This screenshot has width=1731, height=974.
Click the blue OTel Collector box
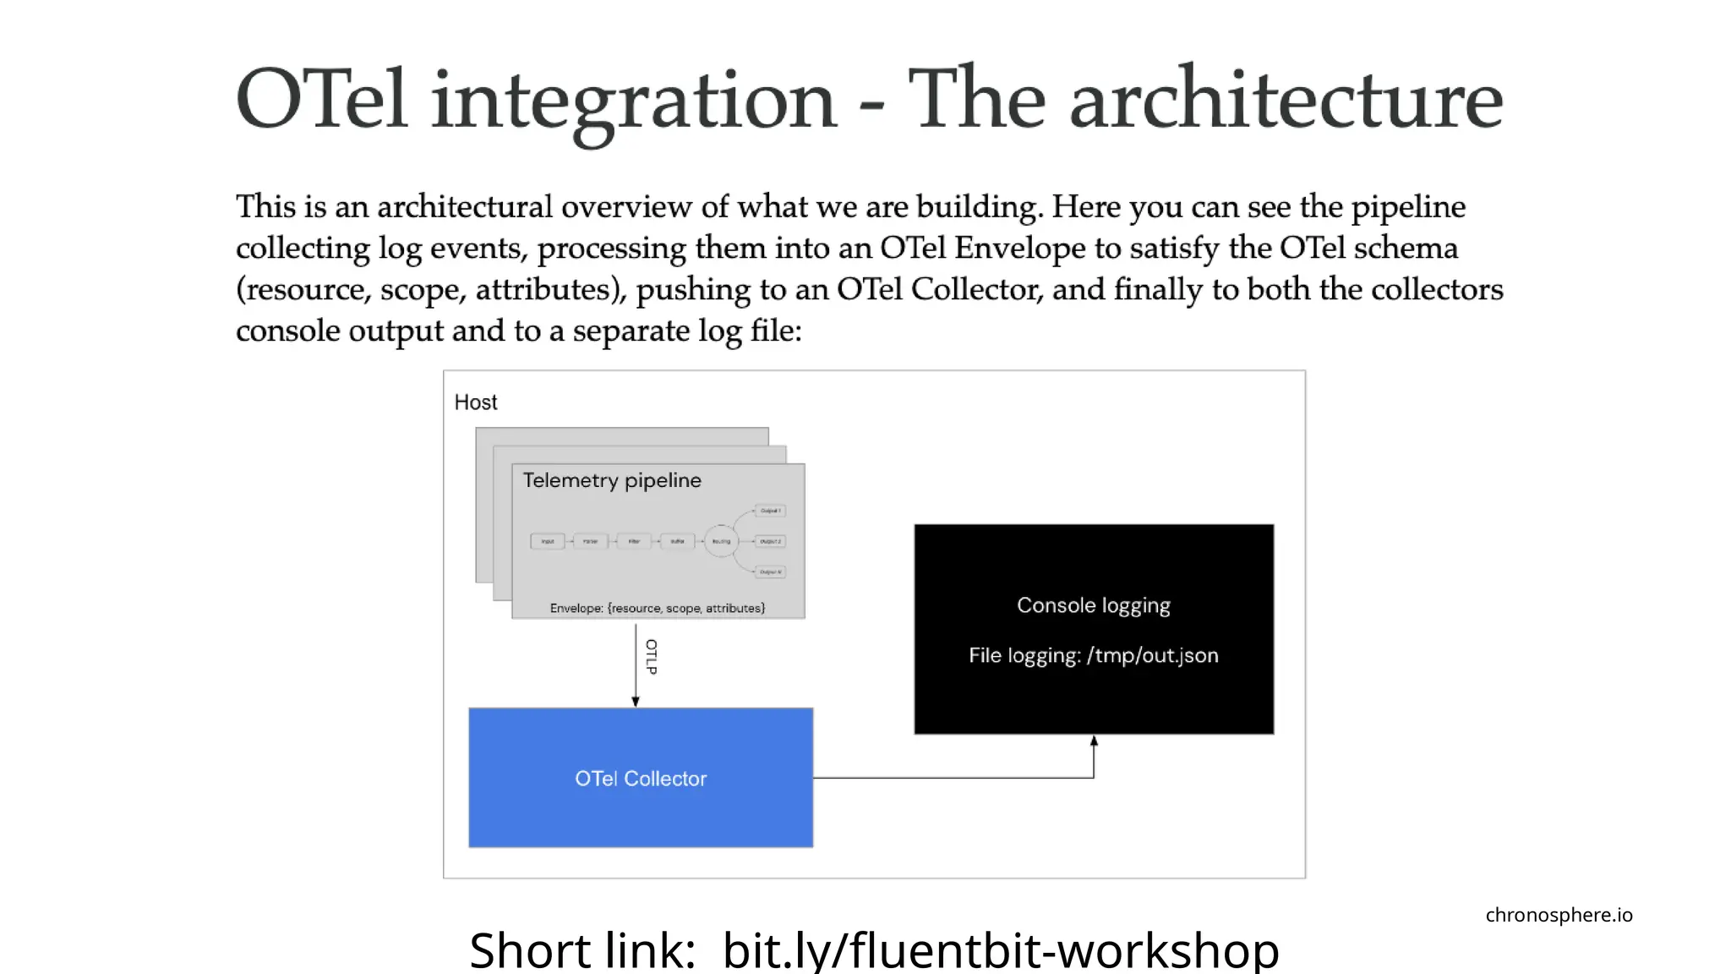pyautogui.click(x=641, y=778)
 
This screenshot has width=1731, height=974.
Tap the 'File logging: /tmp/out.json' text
pyautogui.click(x=1094, y=655)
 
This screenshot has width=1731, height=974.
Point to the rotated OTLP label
pyautogui.click(x=651, y=657)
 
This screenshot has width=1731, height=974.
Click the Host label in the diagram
pyautogui.click(x=476, y=402)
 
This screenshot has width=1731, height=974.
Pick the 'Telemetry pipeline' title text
pyautogui.click(x=612, y=480)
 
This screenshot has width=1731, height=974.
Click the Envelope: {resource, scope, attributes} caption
pyautogui.click(x=657, y=608)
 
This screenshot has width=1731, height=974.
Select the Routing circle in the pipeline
pyautogui.click(x=721, y=541)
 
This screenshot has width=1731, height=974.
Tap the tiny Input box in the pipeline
pyautogui.click(x=548, y=541)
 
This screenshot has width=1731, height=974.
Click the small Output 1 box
pyautogui.click(x=770, y=511)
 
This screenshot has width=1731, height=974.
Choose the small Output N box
pyautogui.click(x=770, y=572)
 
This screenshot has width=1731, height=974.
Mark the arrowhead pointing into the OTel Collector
pyautogui.click(x=636, y=701)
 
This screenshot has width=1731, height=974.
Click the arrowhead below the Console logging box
pyautogui.click(x=1094, y=741)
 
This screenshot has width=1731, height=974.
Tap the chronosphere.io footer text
pyautogui.click(x=1559, y=915)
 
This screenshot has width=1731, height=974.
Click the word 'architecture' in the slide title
pyautogui.click(x=1286, y=100)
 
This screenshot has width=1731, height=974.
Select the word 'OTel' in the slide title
pyautogui.click(x=322, y=100)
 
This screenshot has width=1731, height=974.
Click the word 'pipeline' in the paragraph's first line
pyautogui.click(x=1408, y=207)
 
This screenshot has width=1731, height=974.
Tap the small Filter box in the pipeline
pyautogui.click(x=634, y=541)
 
